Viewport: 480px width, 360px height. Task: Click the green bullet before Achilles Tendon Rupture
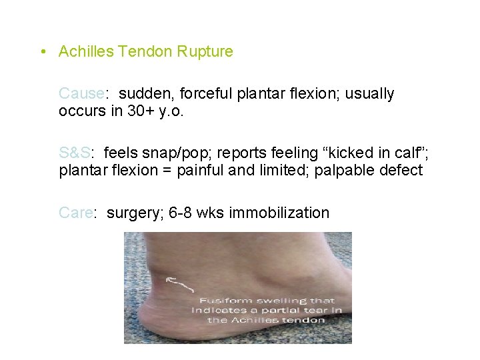(x=42, y=52)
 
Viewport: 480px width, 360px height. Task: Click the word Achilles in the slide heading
(x=84, y=52)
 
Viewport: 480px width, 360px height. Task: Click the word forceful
(x=203, y=94)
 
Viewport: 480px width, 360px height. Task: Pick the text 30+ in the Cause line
(x=127, y=111)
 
